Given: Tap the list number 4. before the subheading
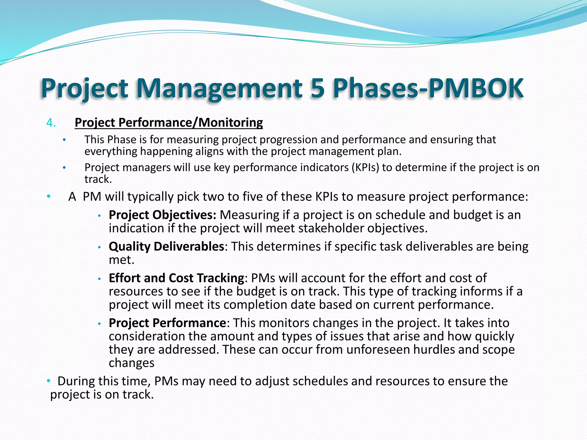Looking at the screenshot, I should pos(51,123).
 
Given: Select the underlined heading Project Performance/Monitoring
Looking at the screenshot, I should pos(169,123).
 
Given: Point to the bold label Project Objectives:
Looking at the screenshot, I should pos(162,215).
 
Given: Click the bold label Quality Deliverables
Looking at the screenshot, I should pos(166,247).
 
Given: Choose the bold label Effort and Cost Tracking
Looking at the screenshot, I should pos(176,278).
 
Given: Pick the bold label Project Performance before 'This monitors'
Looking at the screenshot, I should pos(167,323).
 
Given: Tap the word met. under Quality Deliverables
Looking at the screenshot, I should pos(122,260).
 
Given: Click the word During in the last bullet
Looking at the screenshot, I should pos(76,381).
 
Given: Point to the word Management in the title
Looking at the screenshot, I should pos(219,88).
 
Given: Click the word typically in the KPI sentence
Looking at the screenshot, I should pos(150,197).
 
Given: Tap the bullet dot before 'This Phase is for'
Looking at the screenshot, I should pos(64,140).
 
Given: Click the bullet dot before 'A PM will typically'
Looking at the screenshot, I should pos(49,197).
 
